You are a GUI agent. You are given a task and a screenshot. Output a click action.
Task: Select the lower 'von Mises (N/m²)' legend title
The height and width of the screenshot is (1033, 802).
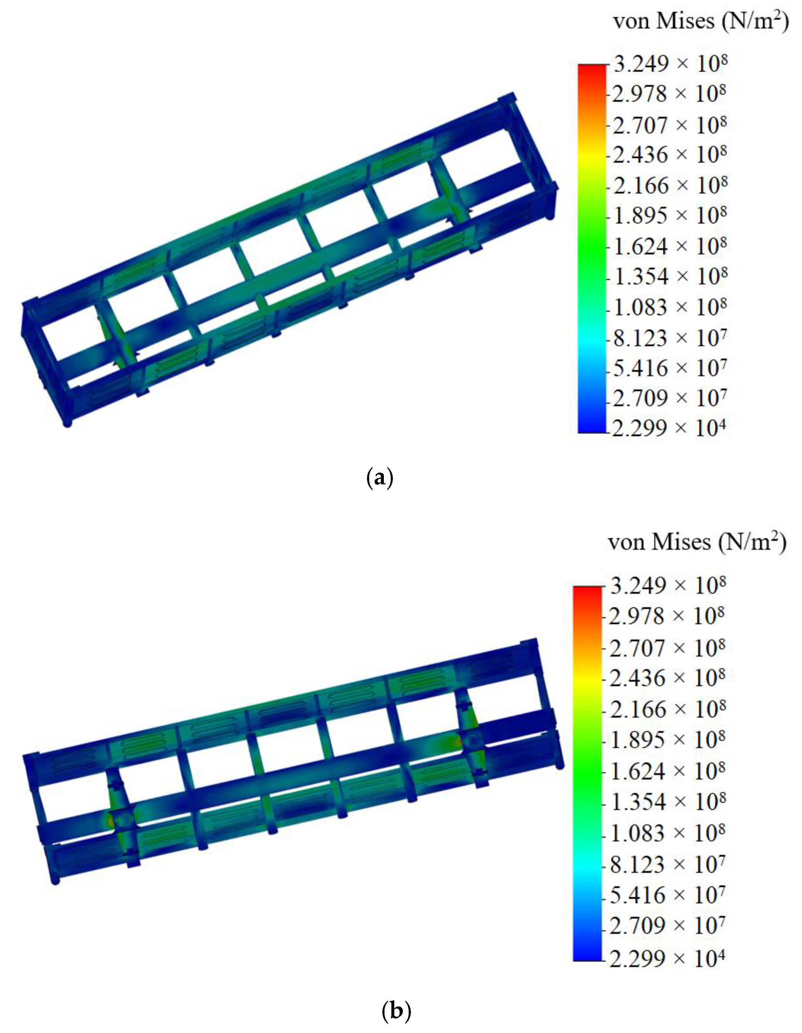697,542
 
